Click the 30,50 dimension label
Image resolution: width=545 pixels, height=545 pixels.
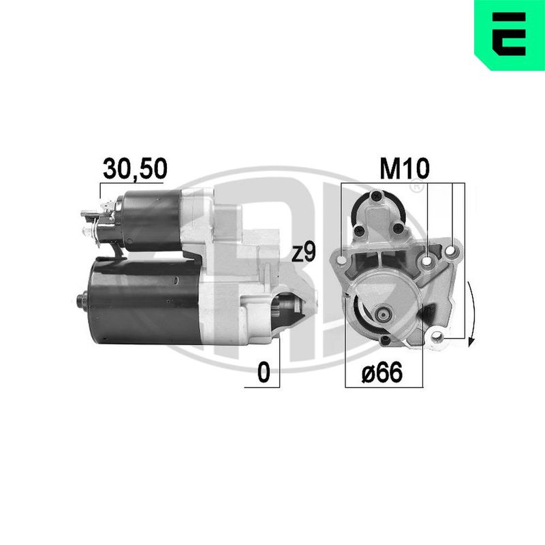click(135, 169)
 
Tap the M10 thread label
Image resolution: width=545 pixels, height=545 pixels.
click(405, 168)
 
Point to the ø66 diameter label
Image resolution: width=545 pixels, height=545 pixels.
click(382, 372)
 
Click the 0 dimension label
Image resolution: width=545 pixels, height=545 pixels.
click(264, 372)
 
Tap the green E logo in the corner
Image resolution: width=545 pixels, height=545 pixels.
click(510, 35)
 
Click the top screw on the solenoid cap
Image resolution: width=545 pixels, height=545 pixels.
click(377, 196)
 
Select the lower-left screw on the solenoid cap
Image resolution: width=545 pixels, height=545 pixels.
click(359, 230)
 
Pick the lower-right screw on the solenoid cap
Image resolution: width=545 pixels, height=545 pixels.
click(397, 228)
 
